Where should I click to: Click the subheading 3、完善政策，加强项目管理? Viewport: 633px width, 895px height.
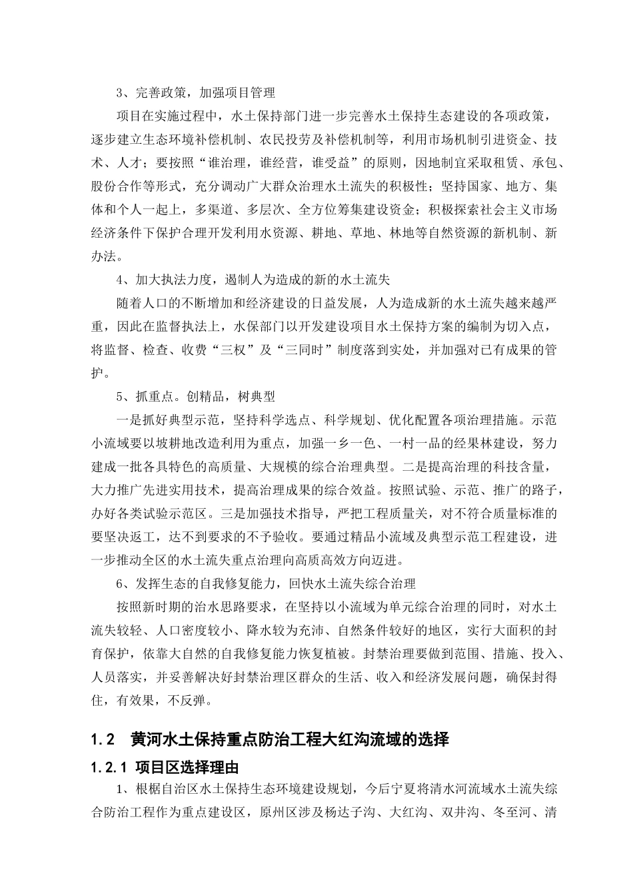tap(195, 93)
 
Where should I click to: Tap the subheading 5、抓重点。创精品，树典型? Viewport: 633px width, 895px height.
tap(195, 396)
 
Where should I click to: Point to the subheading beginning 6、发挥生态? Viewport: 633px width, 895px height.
tap(266, 583)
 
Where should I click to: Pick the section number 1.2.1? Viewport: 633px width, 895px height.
tap(109, 767)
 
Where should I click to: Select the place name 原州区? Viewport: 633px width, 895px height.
tap(281, 813)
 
